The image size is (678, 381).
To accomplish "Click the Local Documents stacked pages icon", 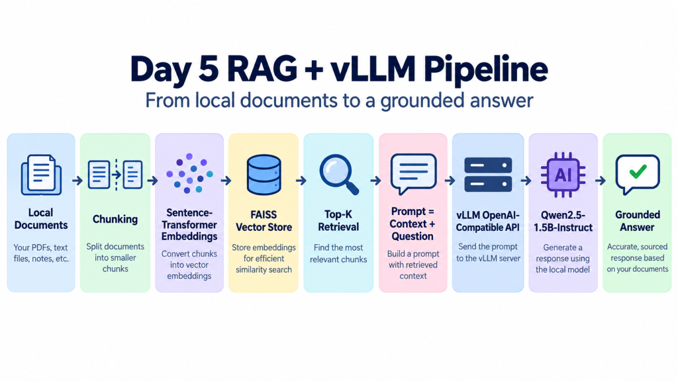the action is pos(41,175).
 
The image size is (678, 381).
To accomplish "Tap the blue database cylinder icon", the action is pos(264,175).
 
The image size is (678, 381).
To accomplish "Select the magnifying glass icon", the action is pos(338,175).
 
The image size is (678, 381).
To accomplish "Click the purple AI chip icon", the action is pos(563,175).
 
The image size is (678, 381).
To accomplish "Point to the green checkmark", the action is pos(638,171).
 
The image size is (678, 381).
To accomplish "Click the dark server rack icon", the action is pos(488,175).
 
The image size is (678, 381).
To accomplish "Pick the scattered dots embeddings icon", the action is pos(189,173).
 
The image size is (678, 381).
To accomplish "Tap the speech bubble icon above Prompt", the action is pos(413,174).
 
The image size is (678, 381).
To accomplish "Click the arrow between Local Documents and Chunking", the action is pos(77,181).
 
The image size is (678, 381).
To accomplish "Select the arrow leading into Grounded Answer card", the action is pos(600,181).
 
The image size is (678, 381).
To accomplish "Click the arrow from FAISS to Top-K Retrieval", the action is pos(301,181).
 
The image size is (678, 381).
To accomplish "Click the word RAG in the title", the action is pos(262,69).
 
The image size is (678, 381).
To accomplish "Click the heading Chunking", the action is pos(115,220).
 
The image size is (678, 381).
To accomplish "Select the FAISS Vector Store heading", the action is pos(264,221).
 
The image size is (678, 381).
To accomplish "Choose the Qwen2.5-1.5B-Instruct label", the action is pos(563,221).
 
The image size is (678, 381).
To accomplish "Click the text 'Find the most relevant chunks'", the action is pos(338,253).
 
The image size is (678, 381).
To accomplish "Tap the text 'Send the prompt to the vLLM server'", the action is pos(488,253).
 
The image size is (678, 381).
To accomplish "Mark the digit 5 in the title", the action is pos(209,69).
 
